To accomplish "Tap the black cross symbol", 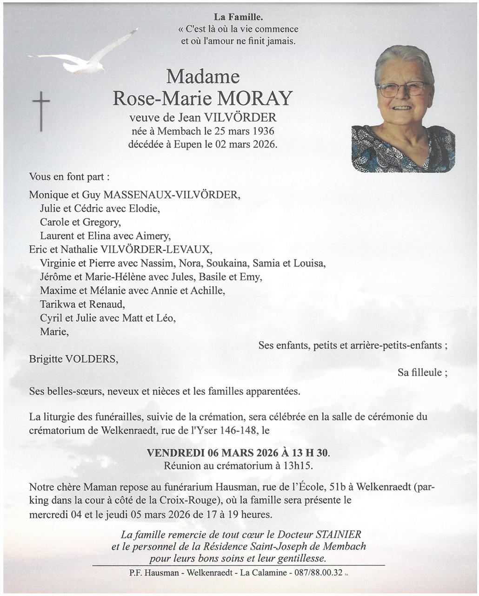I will (41, 111).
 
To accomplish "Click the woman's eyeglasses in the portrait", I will (403, 88).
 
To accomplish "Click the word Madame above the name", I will (203, 76).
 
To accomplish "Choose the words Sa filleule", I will (422, 372).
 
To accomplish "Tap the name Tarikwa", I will (57, 305).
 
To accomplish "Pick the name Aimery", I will (153, 236).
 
